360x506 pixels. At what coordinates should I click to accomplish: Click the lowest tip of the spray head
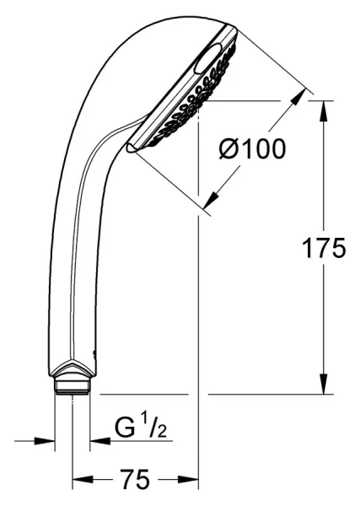pyautogui.click(x=128, y=148)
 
